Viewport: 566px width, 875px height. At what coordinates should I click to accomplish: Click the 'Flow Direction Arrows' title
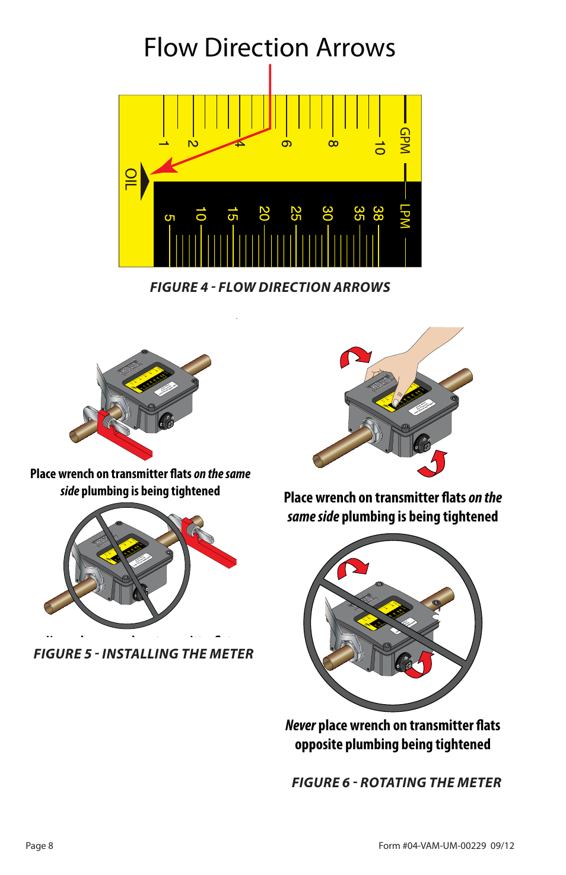click(269, 47)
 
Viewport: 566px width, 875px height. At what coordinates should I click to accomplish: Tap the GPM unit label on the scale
click(405, 141)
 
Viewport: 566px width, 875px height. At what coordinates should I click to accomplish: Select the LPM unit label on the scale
click(405, 216)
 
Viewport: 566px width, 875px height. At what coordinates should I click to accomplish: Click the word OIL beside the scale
click(130, 179)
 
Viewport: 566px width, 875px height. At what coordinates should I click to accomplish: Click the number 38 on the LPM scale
click(378, 214)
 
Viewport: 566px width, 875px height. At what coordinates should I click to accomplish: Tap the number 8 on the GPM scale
click(333, 144)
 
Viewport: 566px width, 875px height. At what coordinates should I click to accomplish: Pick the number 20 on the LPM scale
click(264, 214)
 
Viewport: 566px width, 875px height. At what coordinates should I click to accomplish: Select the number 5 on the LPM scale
click(169, 218)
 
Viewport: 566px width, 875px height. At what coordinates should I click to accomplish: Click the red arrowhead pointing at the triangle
click(164, 167)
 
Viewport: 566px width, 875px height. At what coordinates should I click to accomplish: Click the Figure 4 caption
click(270, 287)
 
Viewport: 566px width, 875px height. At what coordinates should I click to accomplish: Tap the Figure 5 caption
click(144, 654)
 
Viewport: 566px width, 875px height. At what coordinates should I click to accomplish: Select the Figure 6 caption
click(396, 782)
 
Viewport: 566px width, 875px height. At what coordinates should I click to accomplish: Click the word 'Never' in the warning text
click(300, 726)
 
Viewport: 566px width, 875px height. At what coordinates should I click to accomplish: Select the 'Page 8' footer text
click(40, 846)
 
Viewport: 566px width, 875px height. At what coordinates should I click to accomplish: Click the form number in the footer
click(446, 846)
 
